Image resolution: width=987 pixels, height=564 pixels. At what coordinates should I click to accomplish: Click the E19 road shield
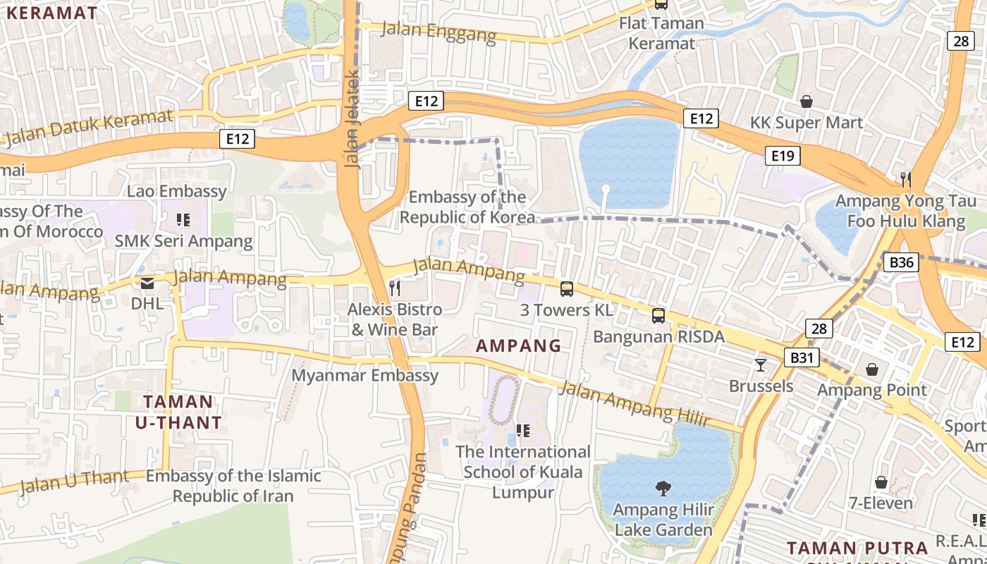click(783, 156)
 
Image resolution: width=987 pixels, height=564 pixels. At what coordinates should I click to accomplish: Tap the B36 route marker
click(901, 263)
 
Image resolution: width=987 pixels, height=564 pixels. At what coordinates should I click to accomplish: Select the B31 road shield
click(801, 357)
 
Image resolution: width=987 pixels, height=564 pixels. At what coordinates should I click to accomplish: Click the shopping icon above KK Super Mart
click(807, 102)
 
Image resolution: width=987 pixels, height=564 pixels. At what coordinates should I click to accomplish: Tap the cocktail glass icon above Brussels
click(761, 364)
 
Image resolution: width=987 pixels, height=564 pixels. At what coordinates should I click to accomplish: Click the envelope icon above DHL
click(147, 283)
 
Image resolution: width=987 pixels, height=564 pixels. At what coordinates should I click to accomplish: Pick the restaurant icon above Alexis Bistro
click(395, 288)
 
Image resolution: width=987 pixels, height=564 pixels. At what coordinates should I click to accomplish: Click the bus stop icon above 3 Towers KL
click(567, 288)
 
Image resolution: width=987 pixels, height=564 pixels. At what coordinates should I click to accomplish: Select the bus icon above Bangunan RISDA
click(658, 315)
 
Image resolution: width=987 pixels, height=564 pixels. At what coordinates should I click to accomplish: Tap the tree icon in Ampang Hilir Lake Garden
click(663, 488)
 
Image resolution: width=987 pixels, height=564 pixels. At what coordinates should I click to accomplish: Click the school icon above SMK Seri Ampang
click(183, 220)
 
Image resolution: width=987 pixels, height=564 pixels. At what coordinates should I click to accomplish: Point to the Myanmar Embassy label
click(365, 375)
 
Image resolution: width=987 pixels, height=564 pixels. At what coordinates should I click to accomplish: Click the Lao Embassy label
click(177, 191)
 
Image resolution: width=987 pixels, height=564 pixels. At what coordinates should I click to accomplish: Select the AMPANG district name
click(519, 345)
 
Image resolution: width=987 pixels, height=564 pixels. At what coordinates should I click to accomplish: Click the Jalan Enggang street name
click(439, 31)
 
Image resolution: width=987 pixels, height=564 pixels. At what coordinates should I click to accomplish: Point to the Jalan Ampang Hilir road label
click(634, 403)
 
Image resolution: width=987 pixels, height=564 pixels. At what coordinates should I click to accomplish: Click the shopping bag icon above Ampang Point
click(872, 369)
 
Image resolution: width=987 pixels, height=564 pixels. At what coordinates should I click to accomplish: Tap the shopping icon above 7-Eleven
click(881, 482)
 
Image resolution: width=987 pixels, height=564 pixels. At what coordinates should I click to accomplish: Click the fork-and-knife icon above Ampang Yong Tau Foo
click(907, 180)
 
